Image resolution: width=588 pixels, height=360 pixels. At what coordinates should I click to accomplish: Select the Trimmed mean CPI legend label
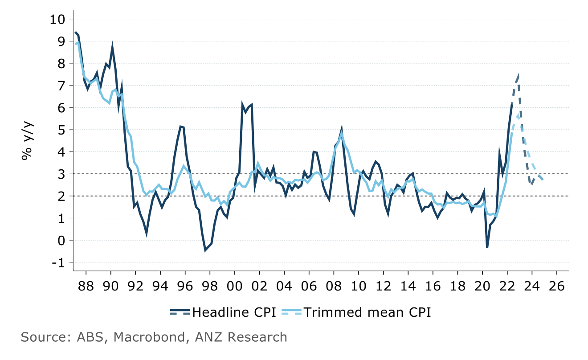click(367, 312)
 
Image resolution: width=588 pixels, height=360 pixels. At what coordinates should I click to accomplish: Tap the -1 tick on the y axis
click(58, 262)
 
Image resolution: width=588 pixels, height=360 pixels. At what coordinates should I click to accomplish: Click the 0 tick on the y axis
click(62, 241)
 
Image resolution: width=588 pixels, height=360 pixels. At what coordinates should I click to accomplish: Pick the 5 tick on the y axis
click(62, 130)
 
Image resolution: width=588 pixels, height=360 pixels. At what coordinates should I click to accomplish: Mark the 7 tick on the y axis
click(62, 86)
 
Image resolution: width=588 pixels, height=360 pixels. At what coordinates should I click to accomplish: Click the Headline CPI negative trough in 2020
click(487, 248)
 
